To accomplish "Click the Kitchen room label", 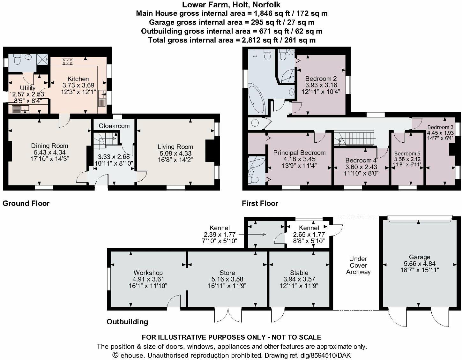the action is click(78, 79).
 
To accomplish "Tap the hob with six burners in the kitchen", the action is click(67, 62).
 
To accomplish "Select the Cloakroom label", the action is click(114, 126).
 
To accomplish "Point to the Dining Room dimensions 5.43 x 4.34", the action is click(50, 152).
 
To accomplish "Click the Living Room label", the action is click(175, 147).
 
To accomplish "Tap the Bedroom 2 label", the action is click(321, 79).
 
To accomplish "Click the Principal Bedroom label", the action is click(299, 153).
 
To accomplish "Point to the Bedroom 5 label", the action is click(407, 154).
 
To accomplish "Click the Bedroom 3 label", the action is click(440, 127).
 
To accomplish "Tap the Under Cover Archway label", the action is click(358, 266).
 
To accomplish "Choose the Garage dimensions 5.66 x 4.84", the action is click(420, 264).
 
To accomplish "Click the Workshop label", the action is click(148, 273).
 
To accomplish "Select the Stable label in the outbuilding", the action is click(299, 273).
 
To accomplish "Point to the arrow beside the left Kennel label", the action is click(252, 234).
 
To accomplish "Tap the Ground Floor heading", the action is click(26, 204).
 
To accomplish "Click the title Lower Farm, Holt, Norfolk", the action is click(231, 5).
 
